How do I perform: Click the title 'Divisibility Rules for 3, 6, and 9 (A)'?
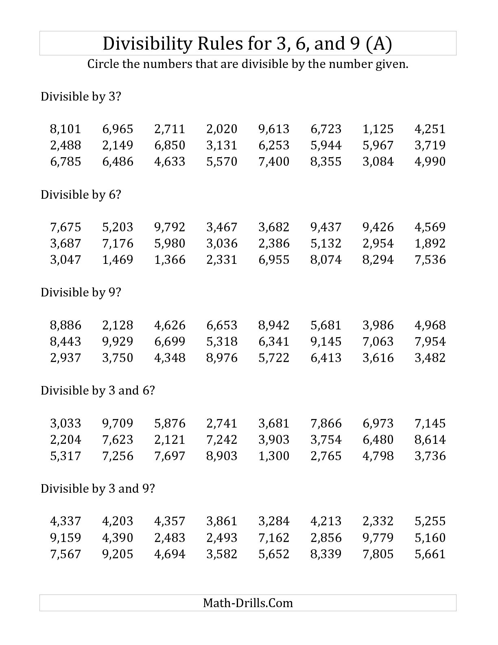pos(247,44)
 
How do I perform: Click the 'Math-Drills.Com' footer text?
pos(248,603)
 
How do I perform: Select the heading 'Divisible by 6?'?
pos(81,195)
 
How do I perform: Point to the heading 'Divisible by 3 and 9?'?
pos(98,488)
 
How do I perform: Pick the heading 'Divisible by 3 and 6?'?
pos(98,391)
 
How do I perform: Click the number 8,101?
pos(66,129)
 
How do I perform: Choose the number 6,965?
pos(118,129)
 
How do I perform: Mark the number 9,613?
pos(274,129)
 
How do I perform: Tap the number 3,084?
pos(378,162)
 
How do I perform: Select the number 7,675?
pos(66,227)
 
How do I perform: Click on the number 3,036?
pos(222,244)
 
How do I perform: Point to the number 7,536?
pos(430,260)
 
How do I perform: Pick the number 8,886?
pos(66,325)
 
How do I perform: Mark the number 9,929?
pos(118,341)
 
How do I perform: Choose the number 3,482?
pos(430,358)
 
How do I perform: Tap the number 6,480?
pos(378,440)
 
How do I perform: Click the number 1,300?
pos(274,456)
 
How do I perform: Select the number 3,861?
pos(222,521)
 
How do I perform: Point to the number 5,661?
pos(430,554)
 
